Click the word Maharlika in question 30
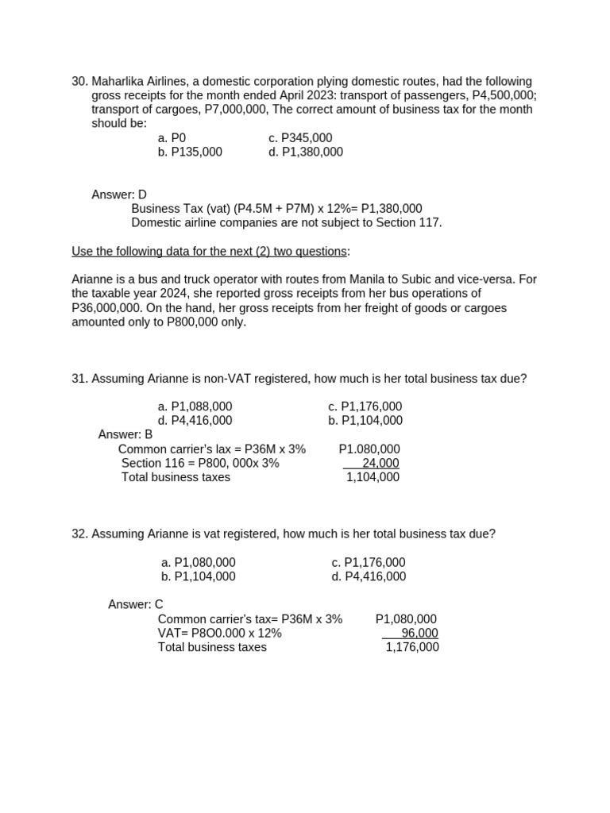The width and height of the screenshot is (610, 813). coord(119,82)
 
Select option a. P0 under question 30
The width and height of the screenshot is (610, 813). coord(172,138)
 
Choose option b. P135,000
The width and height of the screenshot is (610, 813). coord(190,152)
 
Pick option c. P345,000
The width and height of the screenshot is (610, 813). coord(300,138)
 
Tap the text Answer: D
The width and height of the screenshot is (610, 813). coord(119,195)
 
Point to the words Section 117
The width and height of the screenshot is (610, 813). coord(410,222)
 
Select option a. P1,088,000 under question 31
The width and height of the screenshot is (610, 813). coord(195,406)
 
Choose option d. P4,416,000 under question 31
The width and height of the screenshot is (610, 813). coord(195,421)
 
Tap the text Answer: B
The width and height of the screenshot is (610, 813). coord(125,435)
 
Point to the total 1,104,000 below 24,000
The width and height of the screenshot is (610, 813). coord(373,477)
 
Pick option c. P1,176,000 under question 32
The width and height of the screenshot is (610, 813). coord(369,562)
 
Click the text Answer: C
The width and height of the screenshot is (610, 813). coord(136,605)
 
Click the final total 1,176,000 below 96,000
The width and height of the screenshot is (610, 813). coord(411,647)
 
